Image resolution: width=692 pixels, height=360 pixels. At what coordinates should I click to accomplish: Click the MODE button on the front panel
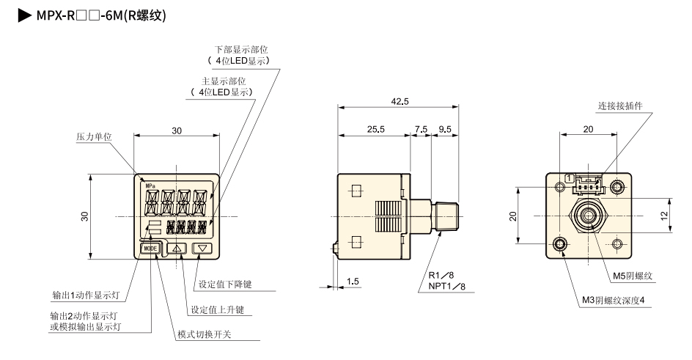coord(150,249)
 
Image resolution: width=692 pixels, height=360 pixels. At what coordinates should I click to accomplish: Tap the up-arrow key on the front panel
coord(177,249)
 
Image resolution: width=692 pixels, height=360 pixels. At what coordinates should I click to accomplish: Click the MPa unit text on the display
coord(151,186)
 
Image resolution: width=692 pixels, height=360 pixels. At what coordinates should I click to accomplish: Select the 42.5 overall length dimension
coord(400,102)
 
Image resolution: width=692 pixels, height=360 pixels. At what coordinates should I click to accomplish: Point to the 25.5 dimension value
coord(374,129)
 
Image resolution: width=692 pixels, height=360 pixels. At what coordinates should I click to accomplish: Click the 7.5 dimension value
coord(421,129)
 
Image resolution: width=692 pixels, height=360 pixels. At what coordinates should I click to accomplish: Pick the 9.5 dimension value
coord(445,129)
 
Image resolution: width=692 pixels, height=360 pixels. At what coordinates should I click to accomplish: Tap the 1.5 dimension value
coord(353,281)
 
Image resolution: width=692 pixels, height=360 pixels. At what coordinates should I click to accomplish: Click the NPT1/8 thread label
coord(447,287)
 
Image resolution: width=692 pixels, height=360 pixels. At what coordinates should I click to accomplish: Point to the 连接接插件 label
coord(620,106)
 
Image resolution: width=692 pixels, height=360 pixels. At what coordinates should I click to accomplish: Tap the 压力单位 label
coord(95,137)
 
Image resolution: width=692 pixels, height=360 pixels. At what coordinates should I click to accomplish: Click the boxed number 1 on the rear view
coord(570,177)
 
